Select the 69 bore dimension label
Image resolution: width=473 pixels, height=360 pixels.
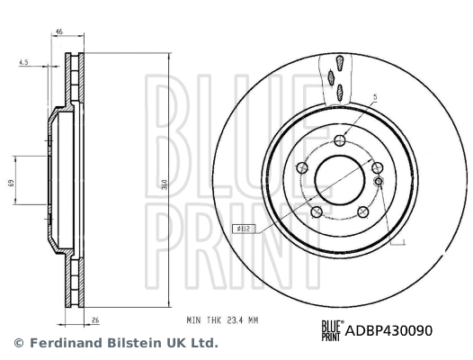point(12,182)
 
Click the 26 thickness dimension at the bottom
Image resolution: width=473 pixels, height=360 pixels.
point(94,318)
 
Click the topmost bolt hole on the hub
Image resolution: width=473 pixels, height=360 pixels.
point(339,140)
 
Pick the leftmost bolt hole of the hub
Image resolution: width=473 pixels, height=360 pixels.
point(299,168)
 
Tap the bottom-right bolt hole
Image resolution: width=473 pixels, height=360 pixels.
point(362,212)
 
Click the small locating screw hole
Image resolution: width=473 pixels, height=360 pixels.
point(378,183)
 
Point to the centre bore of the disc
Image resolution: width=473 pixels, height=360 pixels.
point(339,179)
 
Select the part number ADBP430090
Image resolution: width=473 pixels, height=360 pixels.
point(389,329)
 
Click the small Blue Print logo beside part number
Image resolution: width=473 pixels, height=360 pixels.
point(330,329)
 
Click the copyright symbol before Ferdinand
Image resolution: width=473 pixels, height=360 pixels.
point(18,343)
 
